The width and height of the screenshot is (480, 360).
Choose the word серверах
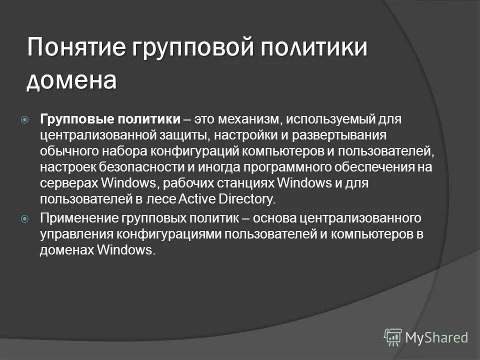68,183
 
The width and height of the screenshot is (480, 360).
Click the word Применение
78,218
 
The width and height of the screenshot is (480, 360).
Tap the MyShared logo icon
393,337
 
